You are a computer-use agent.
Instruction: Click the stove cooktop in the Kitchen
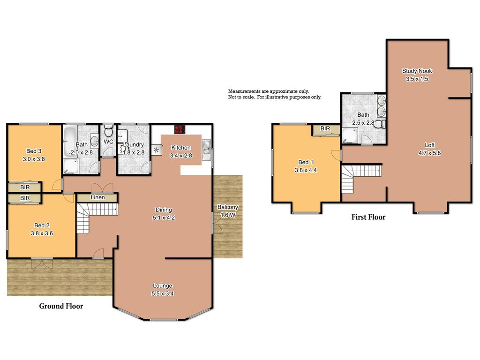point(179,129)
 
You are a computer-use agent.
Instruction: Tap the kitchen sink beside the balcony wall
point(206,150)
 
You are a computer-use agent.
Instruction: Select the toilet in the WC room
point(108,129)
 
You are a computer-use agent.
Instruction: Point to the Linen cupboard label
point(97,198)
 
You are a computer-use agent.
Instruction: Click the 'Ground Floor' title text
point(61,306)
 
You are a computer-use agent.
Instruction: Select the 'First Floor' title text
point(368,217)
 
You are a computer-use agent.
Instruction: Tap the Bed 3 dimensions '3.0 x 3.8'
point(34,158)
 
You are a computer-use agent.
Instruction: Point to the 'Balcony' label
point(228,207)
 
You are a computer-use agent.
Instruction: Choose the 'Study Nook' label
point(417,71)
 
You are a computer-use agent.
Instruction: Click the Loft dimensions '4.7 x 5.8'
point(429,152)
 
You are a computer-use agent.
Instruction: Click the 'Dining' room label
point(164,210)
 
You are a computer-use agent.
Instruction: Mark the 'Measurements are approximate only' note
point(269,91)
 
